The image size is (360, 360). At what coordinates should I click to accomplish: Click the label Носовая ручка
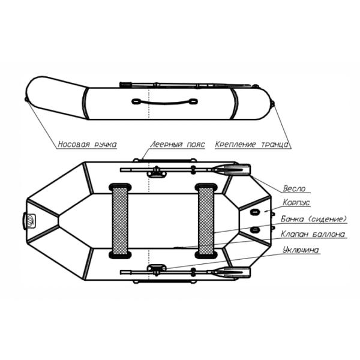tap(87, 145)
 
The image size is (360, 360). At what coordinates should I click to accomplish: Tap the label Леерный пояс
tap(177, 145)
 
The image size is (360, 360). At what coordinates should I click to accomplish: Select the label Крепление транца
tap(251, 145)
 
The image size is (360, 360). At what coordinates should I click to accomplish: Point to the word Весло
tap(295, 188)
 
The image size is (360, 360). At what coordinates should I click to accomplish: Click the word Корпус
tap(296, 203)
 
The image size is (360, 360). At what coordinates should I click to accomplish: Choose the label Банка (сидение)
tap(314, 219)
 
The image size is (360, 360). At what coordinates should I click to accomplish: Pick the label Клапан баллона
tap(313, 234)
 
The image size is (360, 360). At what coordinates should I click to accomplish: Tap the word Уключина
tap(301, 250)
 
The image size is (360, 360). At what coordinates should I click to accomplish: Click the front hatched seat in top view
tap(120, 221)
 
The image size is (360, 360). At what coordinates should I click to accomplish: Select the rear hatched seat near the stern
tap(206, 221)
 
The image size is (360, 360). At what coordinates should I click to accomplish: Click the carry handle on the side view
tap(164, 101)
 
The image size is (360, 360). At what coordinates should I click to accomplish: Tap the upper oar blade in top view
tap(230, 170)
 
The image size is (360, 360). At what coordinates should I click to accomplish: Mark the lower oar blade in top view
tap(230, 272)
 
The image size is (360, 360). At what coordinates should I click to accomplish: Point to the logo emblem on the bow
tap(31, 221)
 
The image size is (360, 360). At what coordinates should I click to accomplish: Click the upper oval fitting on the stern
tap(254, 212)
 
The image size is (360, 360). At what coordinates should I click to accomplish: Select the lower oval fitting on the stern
tap(254, 229)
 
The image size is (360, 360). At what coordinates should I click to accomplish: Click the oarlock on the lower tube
tap(157, 269)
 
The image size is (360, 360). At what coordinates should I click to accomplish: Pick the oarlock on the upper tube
tap(157, 172)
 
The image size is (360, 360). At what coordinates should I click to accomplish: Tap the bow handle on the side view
tap(26, 100)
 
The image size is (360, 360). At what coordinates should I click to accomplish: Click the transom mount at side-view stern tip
tap(272, 104)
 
